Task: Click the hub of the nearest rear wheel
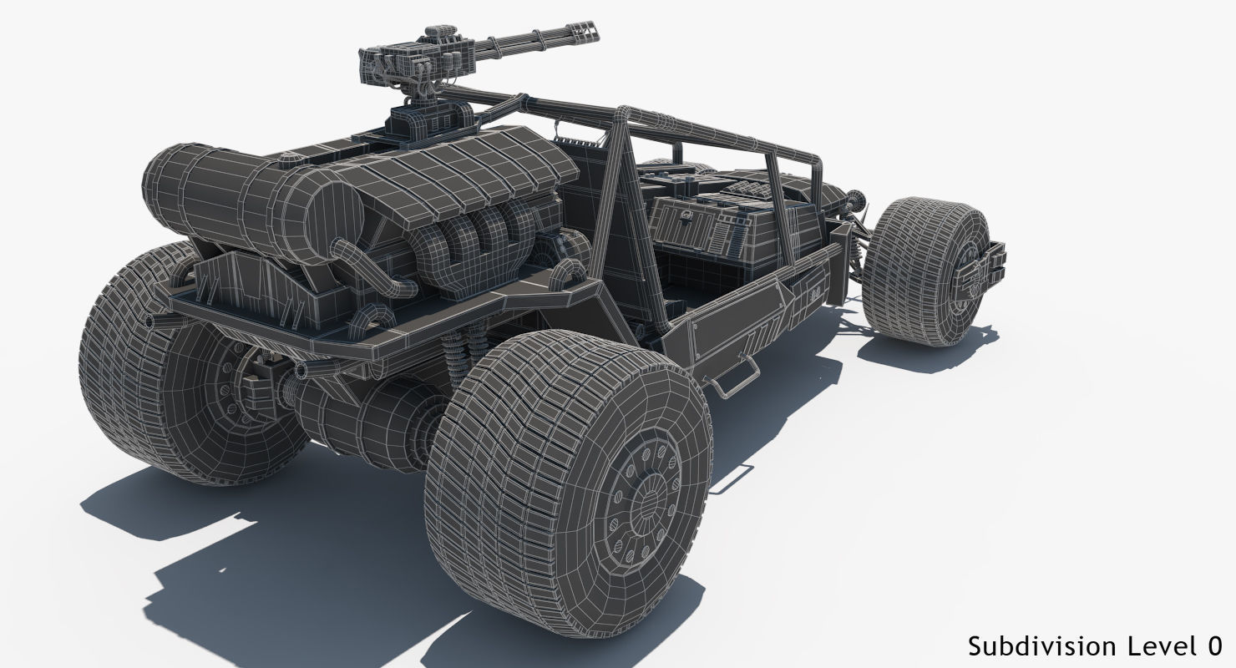pyautogui.click(x=644, y=500)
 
